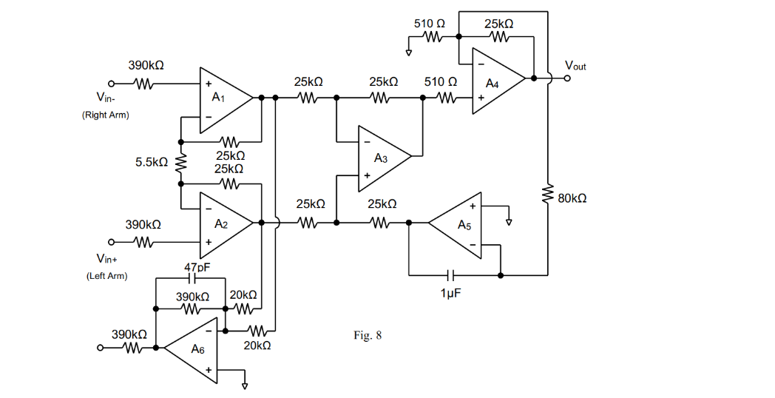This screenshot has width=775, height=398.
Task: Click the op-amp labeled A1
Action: tap(221, 98)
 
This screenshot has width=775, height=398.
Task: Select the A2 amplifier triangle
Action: tap(222, 223)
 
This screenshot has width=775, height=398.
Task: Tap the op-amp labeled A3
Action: tap(380, 157)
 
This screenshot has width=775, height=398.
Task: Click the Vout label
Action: tap(575, 66)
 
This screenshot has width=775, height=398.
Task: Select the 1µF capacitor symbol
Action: tap(452, 275)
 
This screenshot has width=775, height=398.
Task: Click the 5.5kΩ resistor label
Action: tap(152, 161)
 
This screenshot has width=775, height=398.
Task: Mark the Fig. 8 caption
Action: tap(368, 336)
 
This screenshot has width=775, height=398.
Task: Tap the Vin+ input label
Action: tap(107, 259)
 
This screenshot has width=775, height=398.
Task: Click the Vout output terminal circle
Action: tap(568, 77)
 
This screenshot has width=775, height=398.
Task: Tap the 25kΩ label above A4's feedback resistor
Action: tap(499, 24)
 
